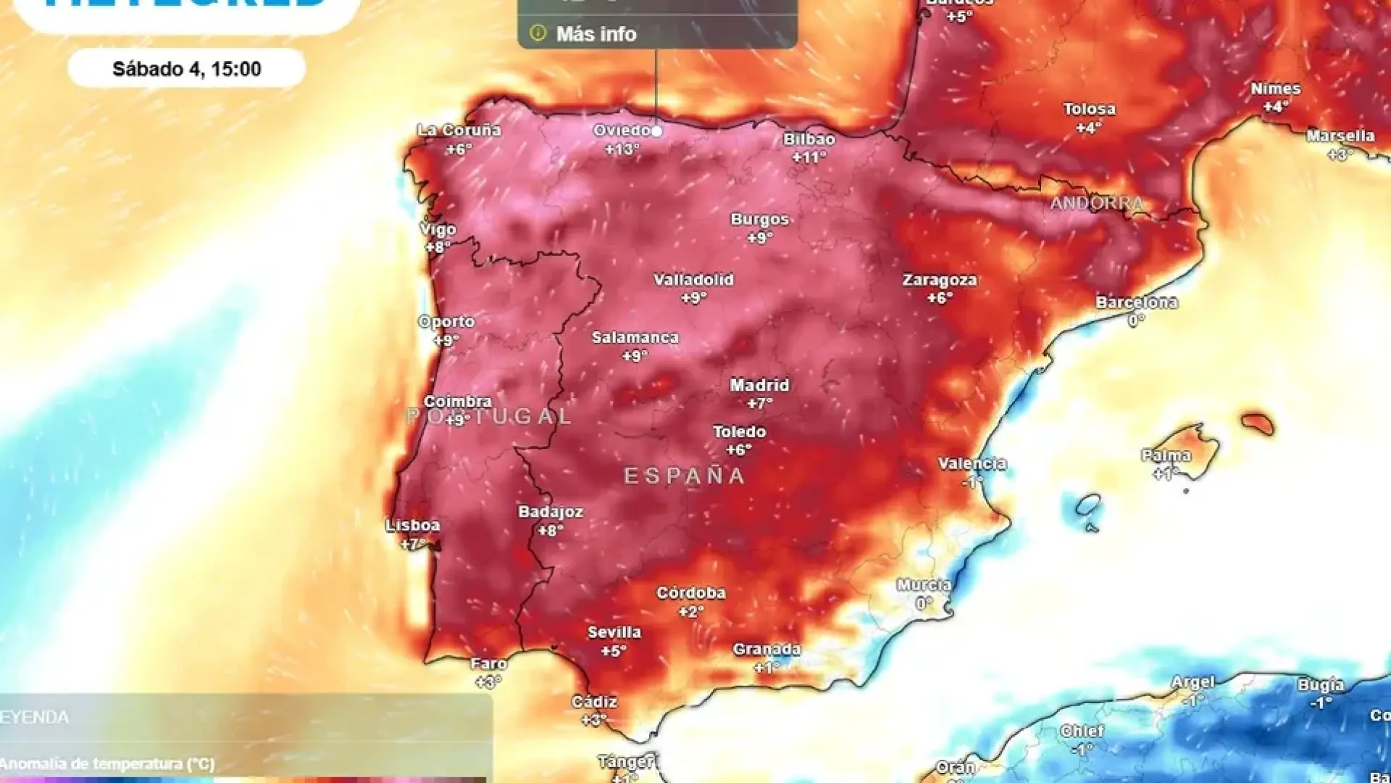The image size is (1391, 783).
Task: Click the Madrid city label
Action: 759,385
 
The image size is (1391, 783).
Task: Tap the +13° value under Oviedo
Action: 622,149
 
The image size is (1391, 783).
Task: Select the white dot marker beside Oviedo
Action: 656,131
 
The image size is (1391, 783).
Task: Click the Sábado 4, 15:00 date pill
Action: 187,69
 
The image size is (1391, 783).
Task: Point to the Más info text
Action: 596,34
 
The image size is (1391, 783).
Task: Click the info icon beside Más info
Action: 538,33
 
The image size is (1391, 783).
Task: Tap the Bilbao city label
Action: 809,139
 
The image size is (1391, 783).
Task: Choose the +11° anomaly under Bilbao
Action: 809,157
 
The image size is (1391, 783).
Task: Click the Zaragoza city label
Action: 940,280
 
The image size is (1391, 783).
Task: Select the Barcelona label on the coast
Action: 1136,302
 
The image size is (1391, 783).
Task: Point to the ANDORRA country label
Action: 1097,203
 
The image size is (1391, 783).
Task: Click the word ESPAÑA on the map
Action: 685,476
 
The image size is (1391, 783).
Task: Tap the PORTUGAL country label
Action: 490,416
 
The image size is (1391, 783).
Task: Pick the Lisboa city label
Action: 412,525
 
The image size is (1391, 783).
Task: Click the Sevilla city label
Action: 614,632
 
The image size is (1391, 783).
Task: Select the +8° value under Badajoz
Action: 550,531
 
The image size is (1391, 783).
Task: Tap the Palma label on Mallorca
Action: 1166,455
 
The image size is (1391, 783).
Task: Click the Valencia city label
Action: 972,463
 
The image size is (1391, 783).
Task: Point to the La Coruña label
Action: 459,130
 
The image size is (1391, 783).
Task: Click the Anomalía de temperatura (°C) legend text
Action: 107,763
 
